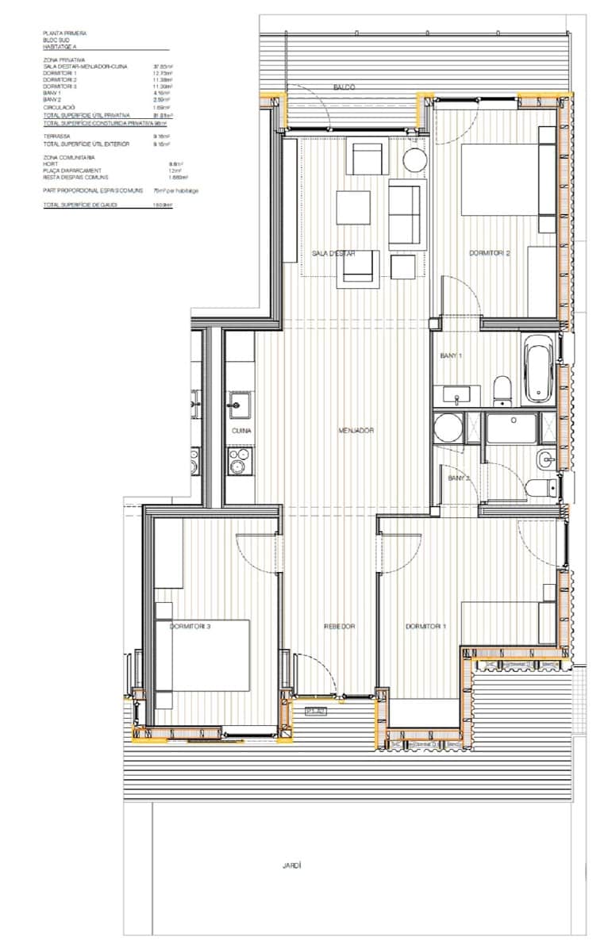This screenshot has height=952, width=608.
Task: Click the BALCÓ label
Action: click(x=344, y=86)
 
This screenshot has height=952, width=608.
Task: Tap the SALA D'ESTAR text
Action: click(x=333, y=254)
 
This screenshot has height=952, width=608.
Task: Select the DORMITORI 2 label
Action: click(x=489, y=254)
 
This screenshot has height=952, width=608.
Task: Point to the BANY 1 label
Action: click(x=451, y=356)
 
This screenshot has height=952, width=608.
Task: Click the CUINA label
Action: click(x=241, y=430)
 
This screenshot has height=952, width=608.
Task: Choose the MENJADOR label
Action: click(x=356, y=430)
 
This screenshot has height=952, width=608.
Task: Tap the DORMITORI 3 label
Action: click(x=190, y=626)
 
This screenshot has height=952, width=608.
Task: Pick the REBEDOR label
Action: click(x=339, y=626)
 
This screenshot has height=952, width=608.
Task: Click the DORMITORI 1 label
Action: click(x=425, y=626)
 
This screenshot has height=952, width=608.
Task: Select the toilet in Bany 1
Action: click(x=502, y=390)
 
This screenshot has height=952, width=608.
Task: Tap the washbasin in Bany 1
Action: click(x=456, y=393)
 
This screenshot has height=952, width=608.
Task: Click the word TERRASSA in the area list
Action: click(x=55, y=136)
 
